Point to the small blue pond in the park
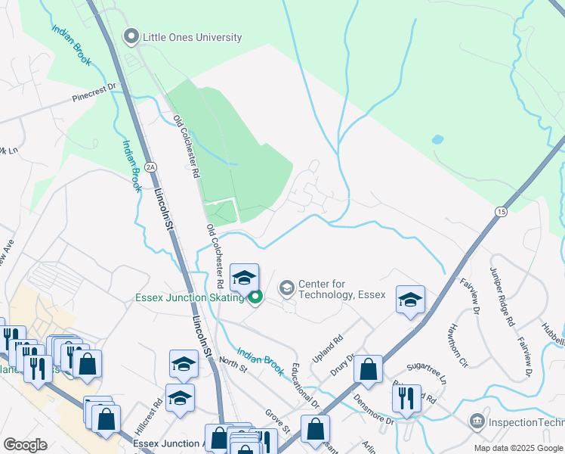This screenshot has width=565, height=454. [437, 140]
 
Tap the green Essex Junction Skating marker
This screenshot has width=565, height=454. [256, 297]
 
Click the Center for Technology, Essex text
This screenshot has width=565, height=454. [341, 289]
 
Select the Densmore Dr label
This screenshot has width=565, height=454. [379, 418]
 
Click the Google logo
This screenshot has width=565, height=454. [26, 445]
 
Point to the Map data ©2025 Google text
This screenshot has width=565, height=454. [517, 448]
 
